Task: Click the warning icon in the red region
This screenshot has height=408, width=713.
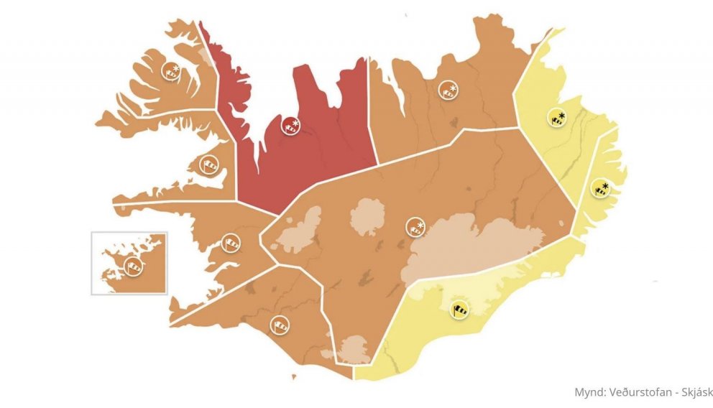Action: pos(290,125)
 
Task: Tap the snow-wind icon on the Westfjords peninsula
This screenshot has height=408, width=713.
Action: pos(171,70)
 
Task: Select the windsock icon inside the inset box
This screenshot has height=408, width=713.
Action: pos(133,266)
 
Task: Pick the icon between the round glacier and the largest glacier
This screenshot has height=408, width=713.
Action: pos(415,227)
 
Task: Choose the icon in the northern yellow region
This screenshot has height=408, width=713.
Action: pos(556,117)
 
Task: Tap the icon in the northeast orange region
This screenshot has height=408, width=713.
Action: pos(448,90)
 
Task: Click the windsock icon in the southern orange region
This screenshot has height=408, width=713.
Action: pos(280,325)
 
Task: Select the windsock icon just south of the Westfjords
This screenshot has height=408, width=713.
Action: pos(208,165)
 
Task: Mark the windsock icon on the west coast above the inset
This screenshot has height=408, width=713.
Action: pos(231,243)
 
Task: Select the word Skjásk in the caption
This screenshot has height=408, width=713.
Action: pos(688,393)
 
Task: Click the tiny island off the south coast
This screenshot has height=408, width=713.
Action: pos(293,377)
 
